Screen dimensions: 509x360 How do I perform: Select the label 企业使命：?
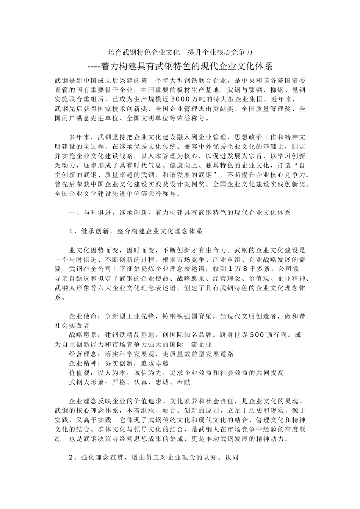[86, 316]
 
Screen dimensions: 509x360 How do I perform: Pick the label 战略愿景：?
[86, 335]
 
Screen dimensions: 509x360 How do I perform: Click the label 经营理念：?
[86, 354]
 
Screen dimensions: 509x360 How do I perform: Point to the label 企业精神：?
[86, 363]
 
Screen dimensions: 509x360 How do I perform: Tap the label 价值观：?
[82, 373]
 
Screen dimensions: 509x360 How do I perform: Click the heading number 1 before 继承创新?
[71, 231]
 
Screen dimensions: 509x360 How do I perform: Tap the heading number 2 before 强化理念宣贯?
[71, 457]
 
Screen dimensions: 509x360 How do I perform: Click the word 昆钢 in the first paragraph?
[299, 90]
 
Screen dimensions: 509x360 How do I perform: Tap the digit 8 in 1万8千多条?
[245, 269]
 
